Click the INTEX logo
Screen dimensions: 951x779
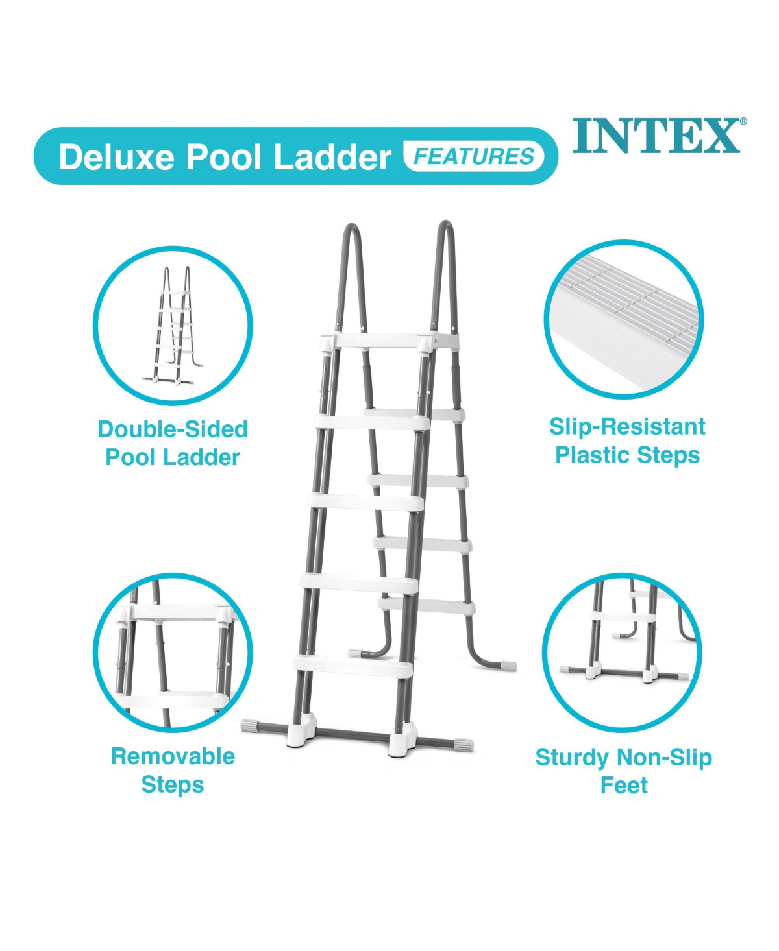[x=656, y=136]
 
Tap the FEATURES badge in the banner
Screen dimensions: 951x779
[x=474, y=156]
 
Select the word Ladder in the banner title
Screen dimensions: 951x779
[x=332, y=158]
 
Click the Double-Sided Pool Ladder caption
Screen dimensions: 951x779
[x=173, y=443]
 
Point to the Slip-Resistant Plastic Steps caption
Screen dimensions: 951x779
[x=627, y=440]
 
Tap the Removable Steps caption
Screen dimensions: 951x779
[x=173, y=770]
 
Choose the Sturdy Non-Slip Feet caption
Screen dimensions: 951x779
[x=623, y=771]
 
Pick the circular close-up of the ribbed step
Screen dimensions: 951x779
[x=624, y=319]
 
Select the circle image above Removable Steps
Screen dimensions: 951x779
[x=173, y=653]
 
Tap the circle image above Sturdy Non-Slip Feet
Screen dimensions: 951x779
[x=622, y=653]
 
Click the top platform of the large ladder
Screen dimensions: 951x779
[x=389, y=342]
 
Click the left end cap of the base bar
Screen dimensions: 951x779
[x=251, y=725]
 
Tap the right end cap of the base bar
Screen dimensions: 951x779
[x=464, y=744]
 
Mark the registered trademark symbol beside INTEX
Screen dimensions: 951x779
[x=743, y=121]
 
